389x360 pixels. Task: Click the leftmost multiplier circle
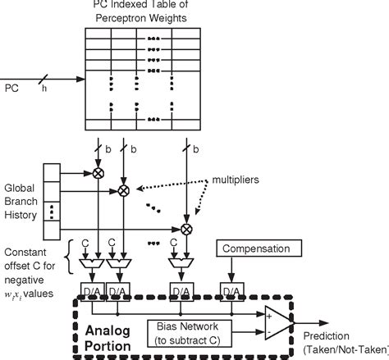(98, 174)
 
